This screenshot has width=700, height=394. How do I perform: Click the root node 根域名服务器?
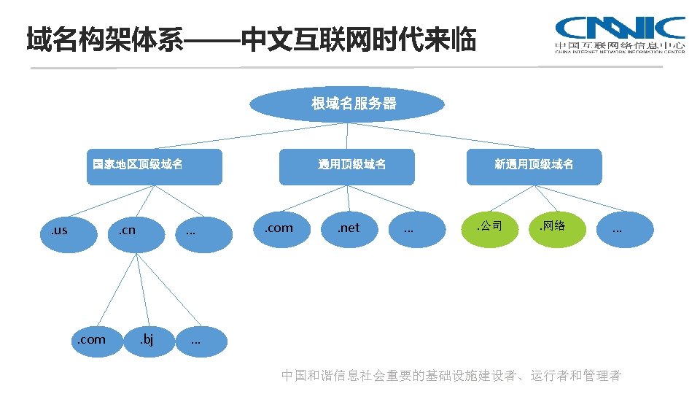[x=347, y=104]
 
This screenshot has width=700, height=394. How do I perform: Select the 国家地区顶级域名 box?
[x=153, y=166]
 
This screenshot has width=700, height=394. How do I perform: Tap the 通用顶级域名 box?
[x=347, y=166]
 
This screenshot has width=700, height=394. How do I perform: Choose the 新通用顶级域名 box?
[x=534, y=166]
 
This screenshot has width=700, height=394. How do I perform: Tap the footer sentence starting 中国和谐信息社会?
[x=451, y=376]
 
